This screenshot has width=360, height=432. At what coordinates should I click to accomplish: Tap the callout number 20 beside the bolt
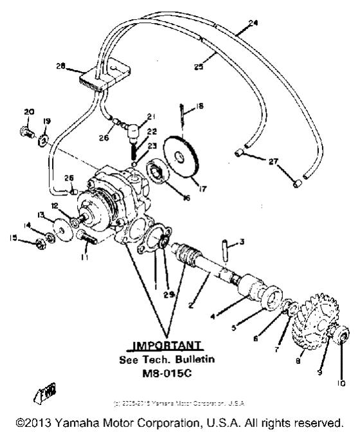pyautogui.click(x=28, y=112)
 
